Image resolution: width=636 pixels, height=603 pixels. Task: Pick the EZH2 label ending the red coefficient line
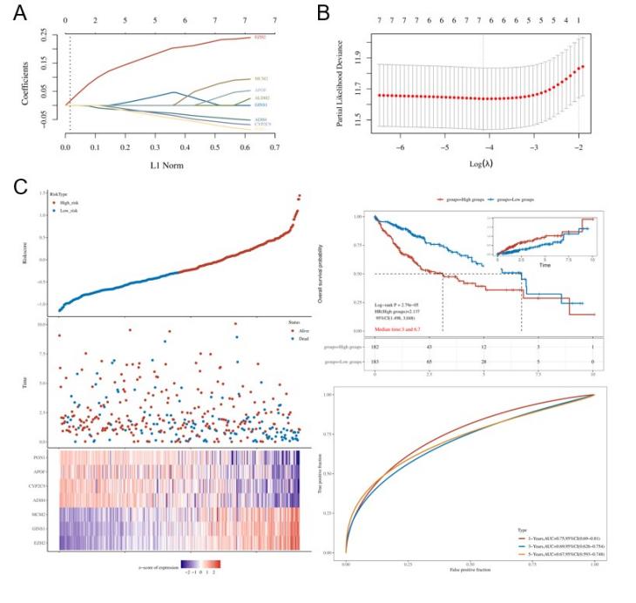click(260, 38)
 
